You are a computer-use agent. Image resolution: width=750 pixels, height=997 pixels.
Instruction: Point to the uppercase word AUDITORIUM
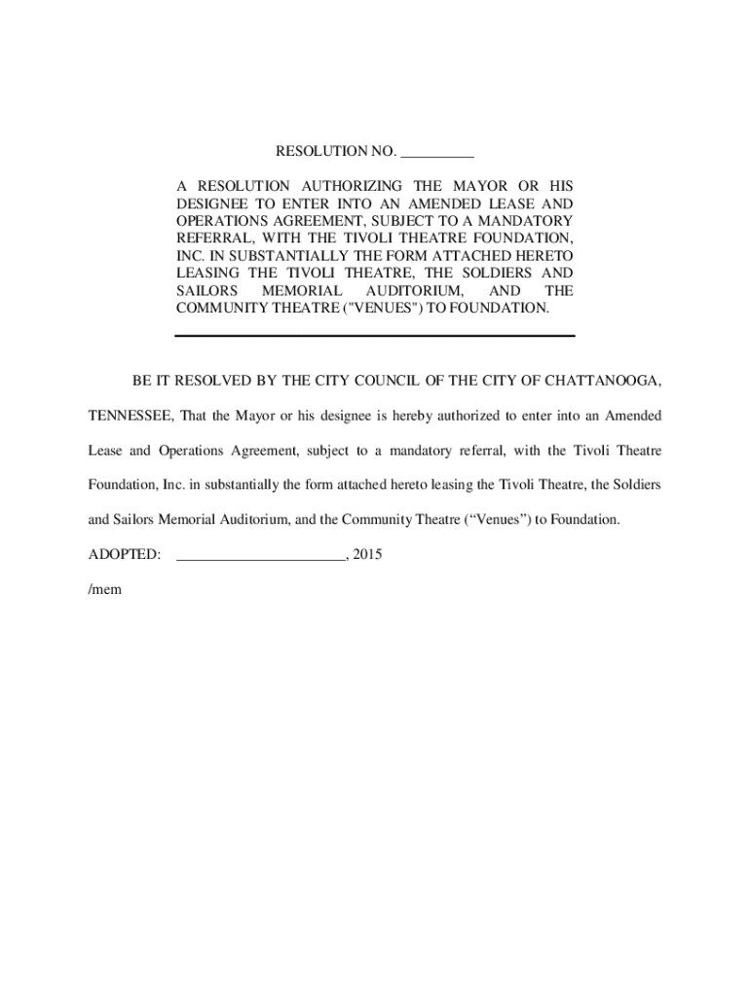tap(414, 290)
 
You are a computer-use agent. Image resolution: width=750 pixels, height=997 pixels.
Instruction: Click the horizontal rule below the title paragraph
tap(375, 336)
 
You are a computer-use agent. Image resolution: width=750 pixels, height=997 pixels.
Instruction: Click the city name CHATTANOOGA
tap(604, 379)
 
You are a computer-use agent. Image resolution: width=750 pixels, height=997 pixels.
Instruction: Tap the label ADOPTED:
tap(125, 554)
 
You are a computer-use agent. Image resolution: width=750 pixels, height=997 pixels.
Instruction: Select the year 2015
tap(367, 554)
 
